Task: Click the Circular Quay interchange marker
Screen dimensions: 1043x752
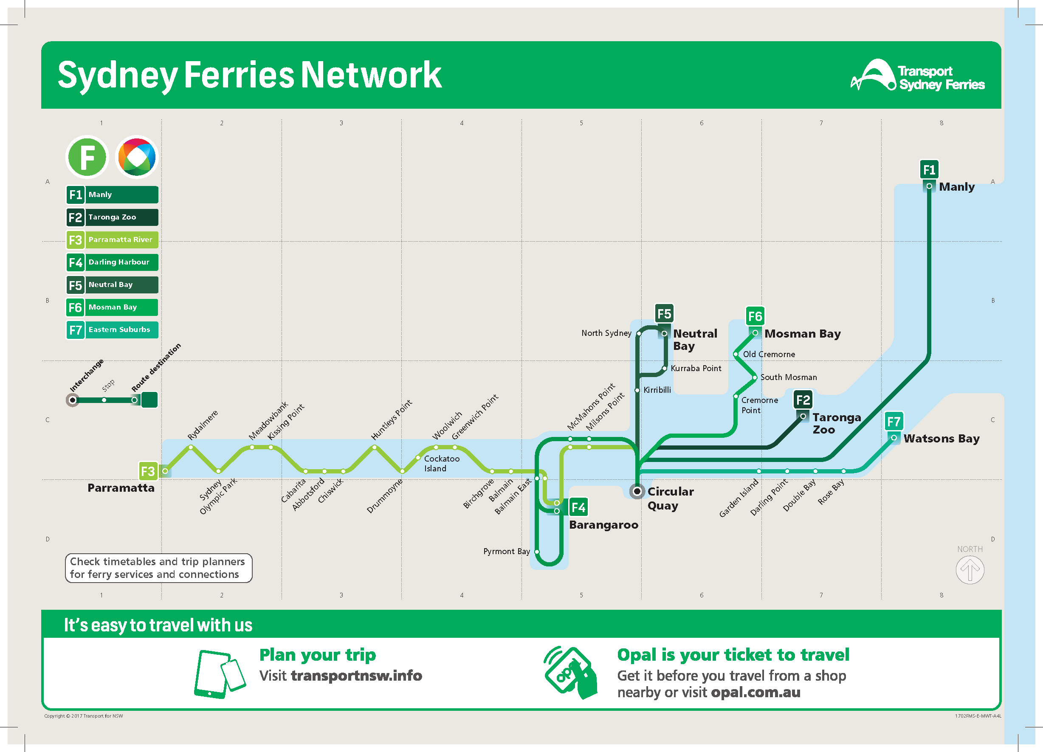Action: [637, 492]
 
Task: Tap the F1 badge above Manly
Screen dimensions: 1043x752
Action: [929, 170]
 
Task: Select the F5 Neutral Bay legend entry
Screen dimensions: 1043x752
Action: [112, 284]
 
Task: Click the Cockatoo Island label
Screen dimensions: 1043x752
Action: [442, 464]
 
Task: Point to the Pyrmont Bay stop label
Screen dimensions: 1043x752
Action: [506, 551]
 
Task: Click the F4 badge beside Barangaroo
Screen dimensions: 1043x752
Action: [578, 507]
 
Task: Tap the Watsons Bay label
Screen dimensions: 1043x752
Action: [942, 439]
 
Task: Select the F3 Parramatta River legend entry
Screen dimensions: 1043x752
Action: [112, 239]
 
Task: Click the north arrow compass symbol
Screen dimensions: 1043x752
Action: [970, 570]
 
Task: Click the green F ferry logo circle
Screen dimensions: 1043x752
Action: [87, 157]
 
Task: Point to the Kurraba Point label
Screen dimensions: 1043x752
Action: [696, 369]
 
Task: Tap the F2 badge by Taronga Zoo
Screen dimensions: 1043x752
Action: [803, 400]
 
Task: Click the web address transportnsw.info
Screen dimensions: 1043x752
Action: [356, 676]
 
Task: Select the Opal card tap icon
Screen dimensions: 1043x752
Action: [571, 673]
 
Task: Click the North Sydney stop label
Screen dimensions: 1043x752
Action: [606, 333]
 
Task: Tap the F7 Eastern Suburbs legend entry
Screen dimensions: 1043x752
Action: [112, 330]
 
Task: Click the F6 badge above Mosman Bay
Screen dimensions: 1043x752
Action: [755, 316]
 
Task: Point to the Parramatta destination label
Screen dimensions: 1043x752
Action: [121, 488]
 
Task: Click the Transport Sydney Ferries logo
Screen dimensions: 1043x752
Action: [917, 75]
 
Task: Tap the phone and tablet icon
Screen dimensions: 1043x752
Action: [220, 674]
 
